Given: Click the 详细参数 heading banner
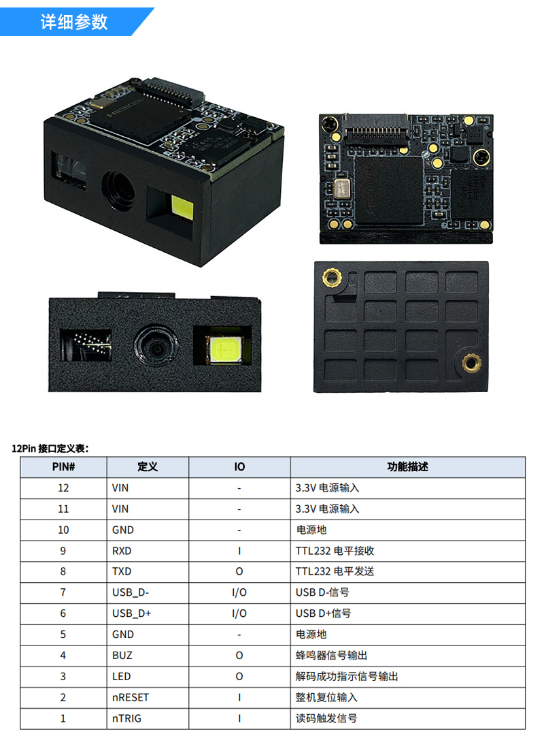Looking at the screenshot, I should [75, 22].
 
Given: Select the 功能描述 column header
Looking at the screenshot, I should [407, 467].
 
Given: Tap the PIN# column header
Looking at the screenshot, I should [63, 467].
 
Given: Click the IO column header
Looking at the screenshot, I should [239, 467].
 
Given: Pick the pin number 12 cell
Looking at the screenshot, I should [63, 487].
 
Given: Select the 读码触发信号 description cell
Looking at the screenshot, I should [326, 718].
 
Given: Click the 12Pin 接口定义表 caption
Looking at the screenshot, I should [51, 448].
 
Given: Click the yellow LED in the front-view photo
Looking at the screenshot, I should [222, 350].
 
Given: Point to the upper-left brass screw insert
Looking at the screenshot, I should [333, 276].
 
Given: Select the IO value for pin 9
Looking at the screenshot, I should [239, 550].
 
